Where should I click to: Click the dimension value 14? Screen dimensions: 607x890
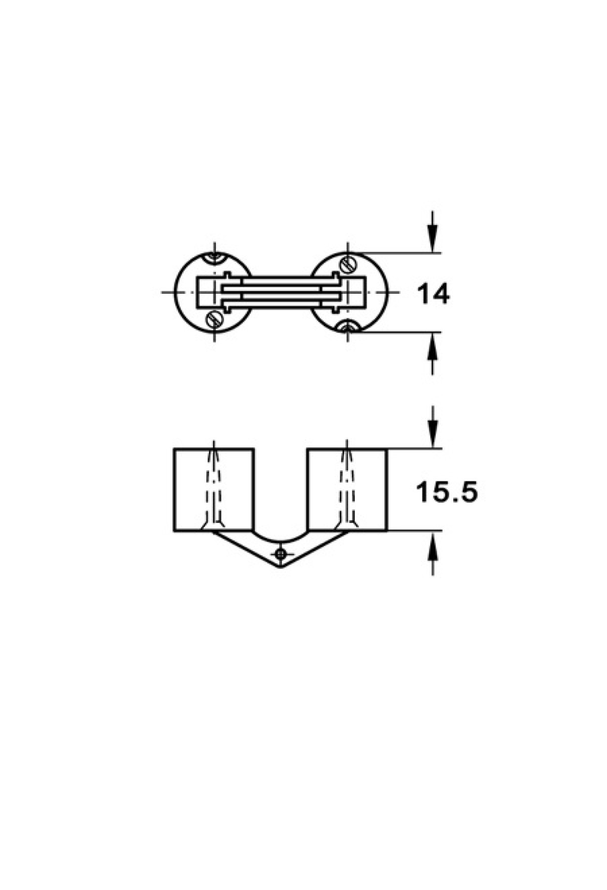tap(432, 294)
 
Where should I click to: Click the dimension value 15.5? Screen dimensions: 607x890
tap(446, 492)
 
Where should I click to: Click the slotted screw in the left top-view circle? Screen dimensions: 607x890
tap(213, 319)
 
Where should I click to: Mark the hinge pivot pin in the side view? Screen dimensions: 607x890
tap(282, 553)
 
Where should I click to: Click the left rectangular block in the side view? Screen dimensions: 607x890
tap(213, 490)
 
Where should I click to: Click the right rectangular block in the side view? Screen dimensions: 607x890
tap(347, 490)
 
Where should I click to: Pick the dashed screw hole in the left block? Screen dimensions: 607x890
tap(214, 485)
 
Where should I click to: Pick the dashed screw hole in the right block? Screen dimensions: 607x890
tap(348, 485)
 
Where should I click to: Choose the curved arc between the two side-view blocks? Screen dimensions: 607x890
tap(280, 536)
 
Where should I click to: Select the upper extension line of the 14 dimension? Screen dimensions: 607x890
tap(395, 252)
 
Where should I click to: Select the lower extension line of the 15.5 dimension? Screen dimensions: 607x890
tap(415, 531)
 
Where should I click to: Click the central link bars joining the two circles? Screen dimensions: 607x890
tap(281, 292)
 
